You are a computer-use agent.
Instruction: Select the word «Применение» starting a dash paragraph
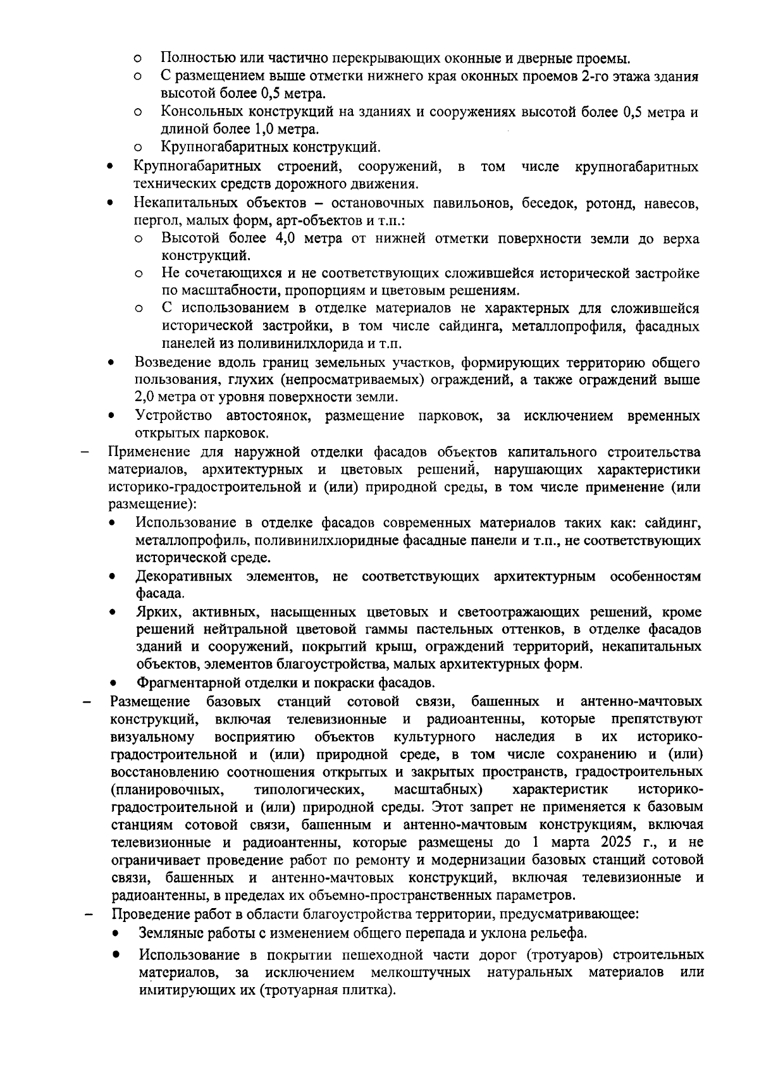pos(149,452)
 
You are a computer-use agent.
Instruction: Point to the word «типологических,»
pos(309,789)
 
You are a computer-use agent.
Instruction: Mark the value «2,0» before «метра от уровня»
pos(146,397)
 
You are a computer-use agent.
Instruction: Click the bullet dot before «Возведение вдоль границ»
pos(111,364)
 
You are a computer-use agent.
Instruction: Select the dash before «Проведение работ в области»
pos(89,915)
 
